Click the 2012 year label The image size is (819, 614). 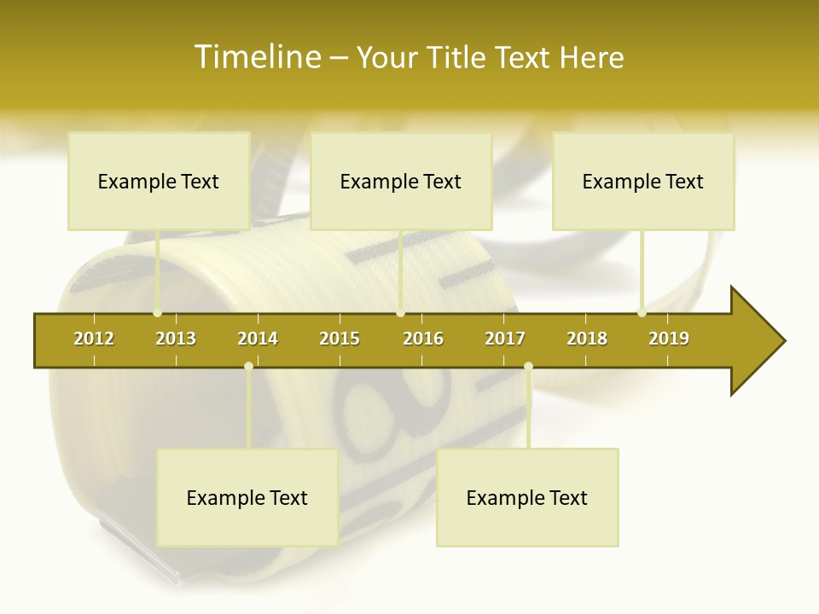(94, 339)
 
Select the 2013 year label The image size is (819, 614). (176, 339)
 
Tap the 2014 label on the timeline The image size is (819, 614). (258, 339)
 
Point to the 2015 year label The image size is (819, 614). (340, 339)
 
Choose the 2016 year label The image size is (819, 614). (423, 339)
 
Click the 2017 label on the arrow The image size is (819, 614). (505, 339)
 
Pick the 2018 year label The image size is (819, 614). (587, 339)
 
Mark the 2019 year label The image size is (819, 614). (669, 339)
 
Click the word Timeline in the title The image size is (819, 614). (257, 57)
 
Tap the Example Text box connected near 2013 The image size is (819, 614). (159, 181)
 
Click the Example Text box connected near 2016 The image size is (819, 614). (401, 181)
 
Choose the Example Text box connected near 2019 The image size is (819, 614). (643, 181)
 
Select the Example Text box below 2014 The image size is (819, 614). (247, 497)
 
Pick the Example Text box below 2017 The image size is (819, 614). (527, 497)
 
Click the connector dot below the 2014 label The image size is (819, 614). (248, 367)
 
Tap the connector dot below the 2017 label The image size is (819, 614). (528, 367)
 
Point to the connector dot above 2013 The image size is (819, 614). (158, 313)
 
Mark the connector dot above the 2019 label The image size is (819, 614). (642, 313)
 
